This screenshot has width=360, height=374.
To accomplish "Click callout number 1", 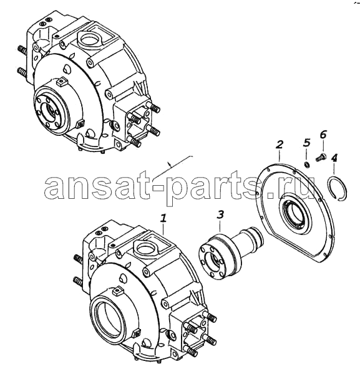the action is [163, 218].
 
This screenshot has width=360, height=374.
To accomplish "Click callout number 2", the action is [280, 144].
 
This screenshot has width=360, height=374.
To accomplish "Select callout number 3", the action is [220, 214].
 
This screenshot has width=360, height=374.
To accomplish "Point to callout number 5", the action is [306, 142].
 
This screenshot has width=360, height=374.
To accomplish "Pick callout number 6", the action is [323, 135].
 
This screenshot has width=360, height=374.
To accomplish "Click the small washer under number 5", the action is [307, 165].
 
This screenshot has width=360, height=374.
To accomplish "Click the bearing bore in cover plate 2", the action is [295, 213].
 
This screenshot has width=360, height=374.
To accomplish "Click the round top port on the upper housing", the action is [89, 38].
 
